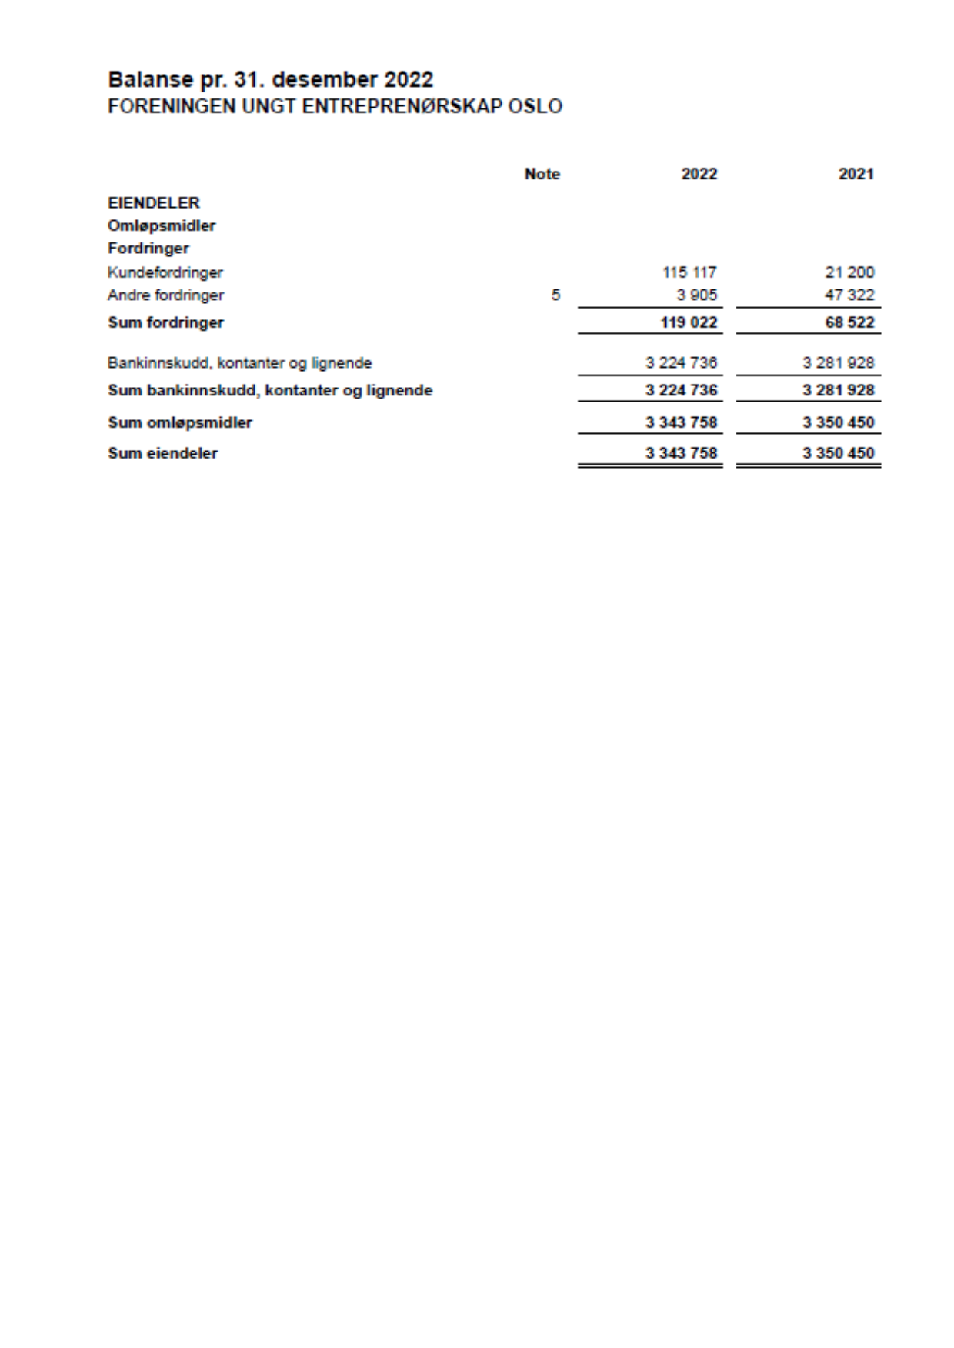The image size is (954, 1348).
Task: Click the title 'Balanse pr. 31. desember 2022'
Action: point(270,79)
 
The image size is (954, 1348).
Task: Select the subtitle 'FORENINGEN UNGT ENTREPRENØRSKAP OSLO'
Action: point(335,106)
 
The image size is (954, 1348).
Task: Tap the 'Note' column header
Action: point(542,174)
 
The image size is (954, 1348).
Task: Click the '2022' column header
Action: point(699,174)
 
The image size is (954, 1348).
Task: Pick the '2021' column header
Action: point(856,174)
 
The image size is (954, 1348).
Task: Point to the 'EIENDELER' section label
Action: point(154,203)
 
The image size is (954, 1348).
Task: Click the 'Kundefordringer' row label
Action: point(165,272)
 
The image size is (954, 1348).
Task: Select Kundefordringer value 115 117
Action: point(689,272)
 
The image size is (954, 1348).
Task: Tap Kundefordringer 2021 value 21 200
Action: point(849,272)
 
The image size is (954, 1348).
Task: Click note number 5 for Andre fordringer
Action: point(555,295)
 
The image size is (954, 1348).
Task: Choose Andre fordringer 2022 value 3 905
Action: point(696,295)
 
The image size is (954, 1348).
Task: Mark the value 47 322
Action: point(849,295)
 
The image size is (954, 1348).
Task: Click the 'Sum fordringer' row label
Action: point(165,322)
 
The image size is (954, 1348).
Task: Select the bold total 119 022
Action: point(689,322)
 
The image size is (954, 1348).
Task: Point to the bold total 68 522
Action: point(849,322)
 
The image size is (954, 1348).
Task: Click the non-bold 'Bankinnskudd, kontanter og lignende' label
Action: point(239,362)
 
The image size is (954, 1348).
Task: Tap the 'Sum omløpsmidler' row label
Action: point(180,422)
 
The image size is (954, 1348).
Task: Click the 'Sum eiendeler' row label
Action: point(162,453)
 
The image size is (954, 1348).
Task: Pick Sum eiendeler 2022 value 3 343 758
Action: point(681,453)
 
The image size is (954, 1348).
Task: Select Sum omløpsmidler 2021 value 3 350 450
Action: point(838,422)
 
